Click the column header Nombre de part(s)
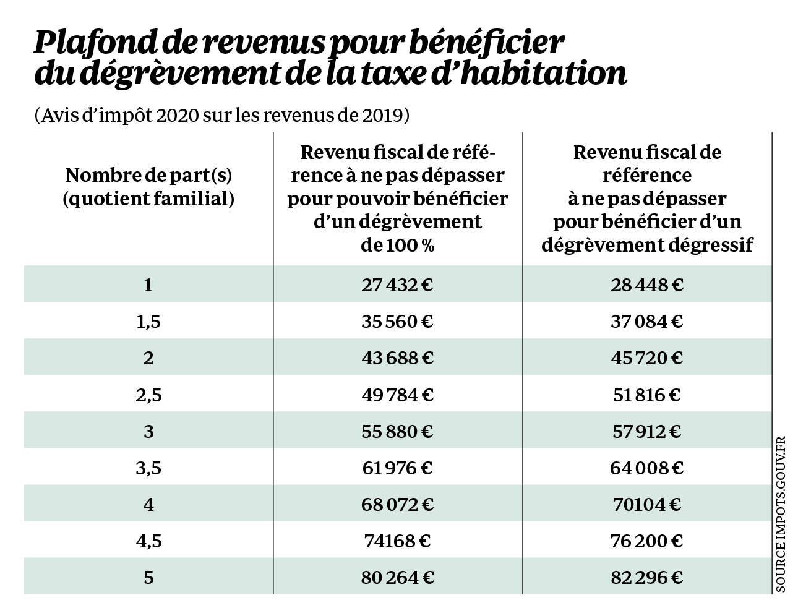point(148,176)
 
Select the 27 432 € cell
point(397,285)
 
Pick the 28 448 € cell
point(646,285)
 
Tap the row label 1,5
point(148,322)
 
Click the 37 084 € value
point(646,322)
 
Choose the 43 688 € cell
point(397,358)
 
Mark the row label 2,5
point(148,395)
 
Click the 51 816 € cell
point(646,395)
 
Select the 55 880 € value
point(397,431)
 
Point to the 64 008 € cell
point(646,468)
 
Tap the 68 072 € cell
point(397,505)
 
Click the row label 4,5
point(148,541)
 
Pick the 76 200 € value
point(646,541)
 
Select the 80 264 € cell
point(397,578)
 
